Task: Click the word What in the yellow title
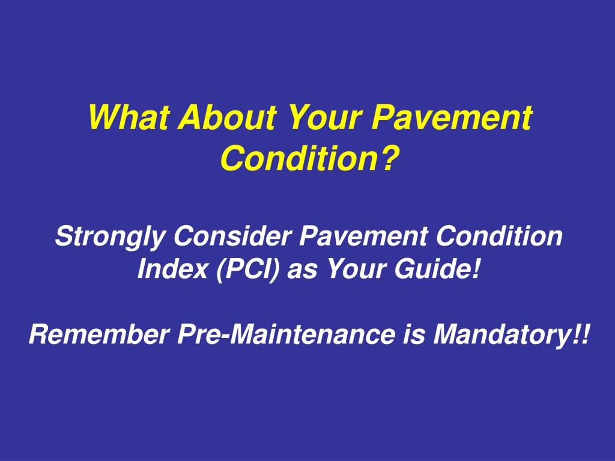pos(127,118)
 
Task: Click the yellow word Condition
pos(300,157)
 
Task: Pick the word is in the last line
pos(411,334)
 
